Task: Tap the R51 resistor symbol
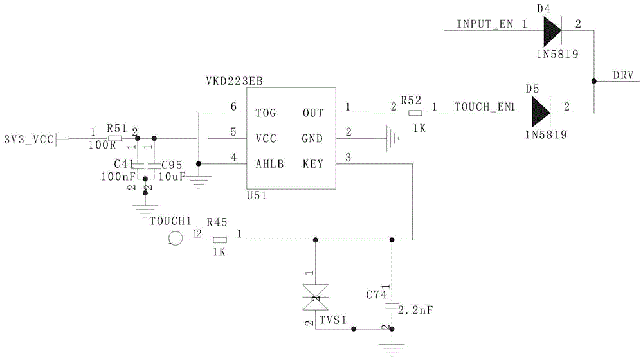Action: coord(116,138)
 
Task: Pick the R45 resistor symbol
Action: coord(220,240)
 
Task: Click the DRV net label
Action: coord(622,75)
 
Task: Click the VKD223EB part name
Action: coord(233,82)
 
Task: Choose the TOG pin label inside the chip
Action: coord(266,113)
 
